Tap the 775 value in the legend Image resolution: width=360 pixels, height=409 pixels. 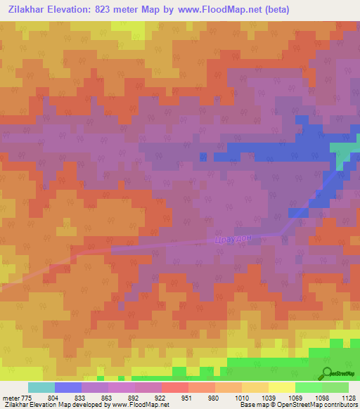(x=25, y=397)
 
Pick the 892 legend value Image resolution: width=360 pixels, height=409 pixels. (x=134, y=397)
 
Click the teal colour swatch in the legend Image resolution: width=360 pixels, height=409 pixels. (x=41, y=387)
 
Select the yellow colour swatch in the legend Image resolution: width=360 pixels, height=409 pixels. (x=281, y=387)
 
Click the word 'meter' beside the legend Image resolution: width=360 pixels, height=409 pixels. (x=9, y=397)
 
